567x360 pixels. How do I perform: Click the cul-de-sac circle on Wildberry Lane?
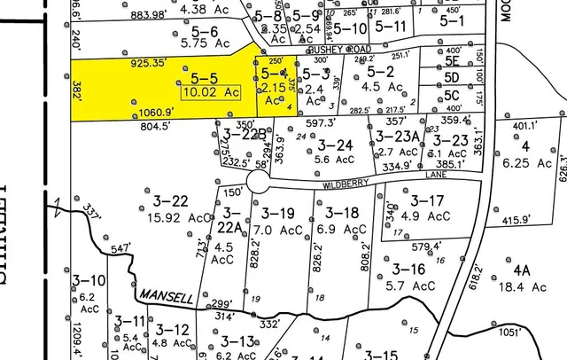(x=258, y=182)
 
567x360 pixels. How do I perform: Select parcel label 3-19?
(x=276, y=213)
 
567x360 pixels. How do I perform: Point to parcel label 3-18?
(x=340, y=213)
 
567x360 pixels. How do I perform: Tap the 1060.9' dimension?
(x=158, y=113)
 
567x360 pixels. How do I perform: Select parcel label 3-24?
(x=336, y=145)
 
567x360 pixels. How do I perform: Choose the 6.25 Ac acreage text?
(x=531, y=162)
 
